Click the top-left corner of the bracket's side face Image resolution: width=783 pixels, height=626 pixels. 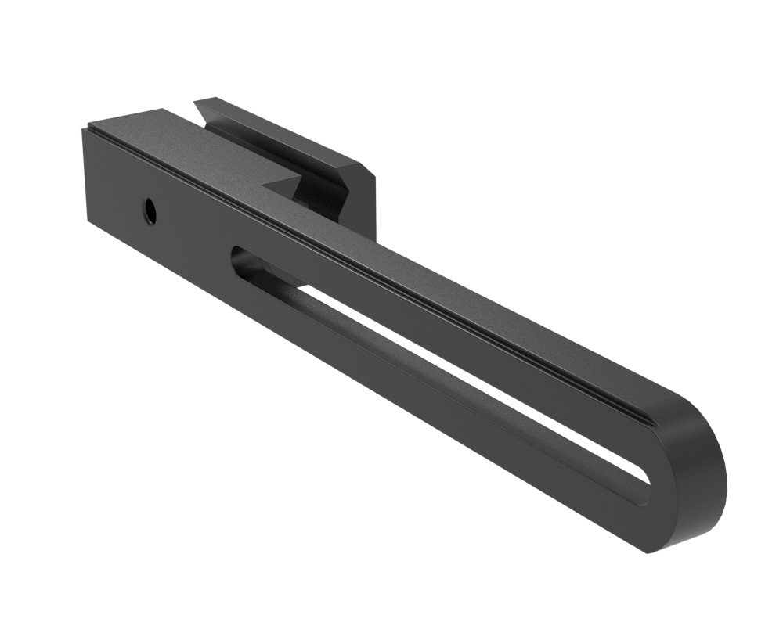point(82,128)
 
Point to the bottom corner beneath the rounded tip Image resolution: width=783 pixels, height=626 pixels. point(649,552)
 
